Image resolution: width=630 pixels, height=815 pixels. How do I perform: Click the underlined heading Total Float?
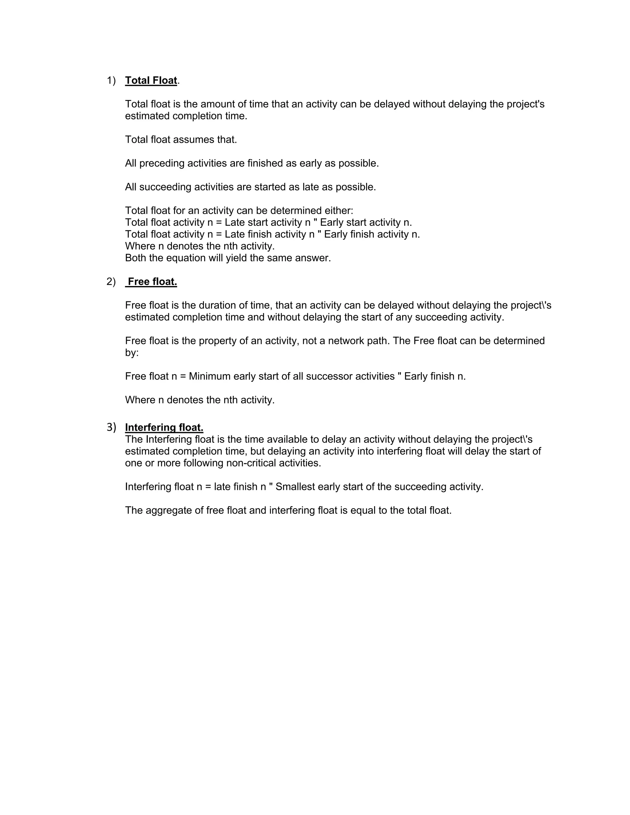tap(151, 80)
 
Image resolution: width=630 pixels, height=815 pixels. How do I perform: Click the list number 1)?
tap(111, 80)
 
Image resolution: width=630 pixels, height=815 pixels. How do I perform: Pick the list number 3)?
tap(111, 427)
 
